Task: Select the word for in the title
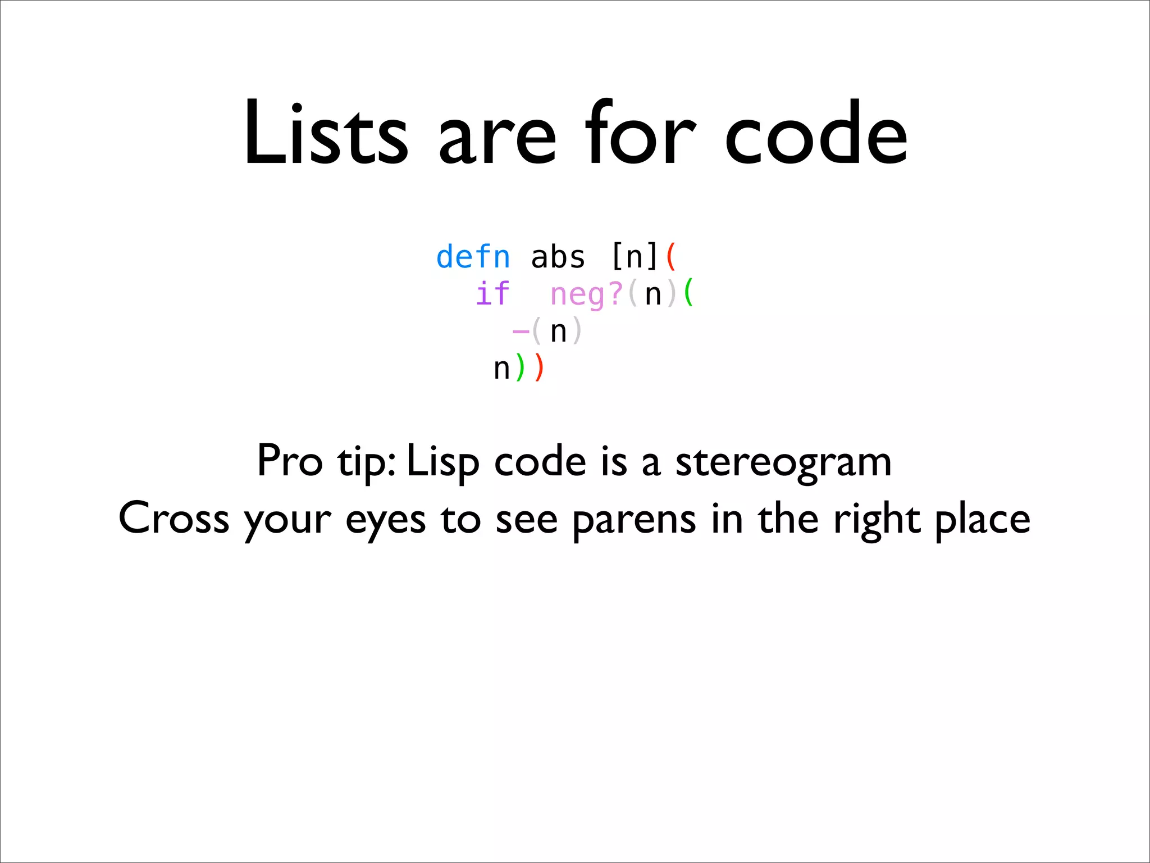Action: (640, 134)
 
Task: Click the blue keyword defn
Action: (473, 257)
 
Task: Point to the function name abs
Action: (558, 257)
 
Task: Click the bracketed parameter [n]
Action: (634, 257)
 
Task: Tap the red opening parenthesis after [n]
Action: (671, 257)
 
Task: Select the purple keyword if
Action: (492, 294)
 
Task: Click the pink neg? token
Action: (586, 294)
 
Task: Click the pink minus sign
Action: (521, 331)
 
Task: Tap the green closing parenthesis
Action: (520, 368)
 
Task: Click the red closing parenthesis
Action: (539, 368)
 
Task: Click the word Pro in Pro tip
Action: (290, 461)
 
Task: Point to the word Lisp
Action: (442, 462)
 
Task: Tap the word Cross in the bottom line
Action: (174, 518)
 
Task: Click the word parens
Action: (634, 520)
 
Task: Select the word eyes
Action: (385, 520)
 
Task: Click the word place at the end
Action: (982, 520)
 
